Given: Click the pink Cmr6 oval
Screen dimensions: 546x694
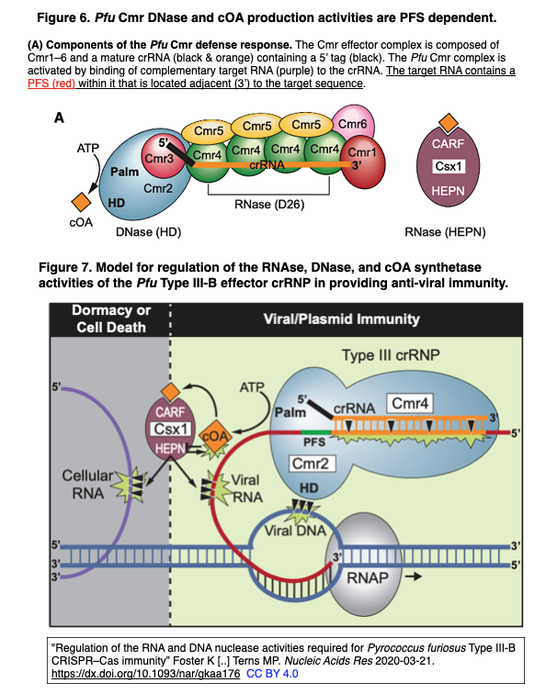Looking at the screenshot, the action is pyautogui.click(x=353, y=123).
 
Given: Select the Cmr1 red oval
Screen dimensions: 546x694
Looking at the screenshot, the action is pyautogui.click(x=363, y=162).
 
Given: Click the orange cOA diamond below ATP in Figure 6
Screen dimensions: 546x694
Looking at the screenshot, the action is pyautogui.click(x=81, y=202).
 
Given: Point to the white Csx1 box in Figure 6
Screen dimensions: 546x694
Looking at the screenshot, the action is pyautogui.click(x=449, y=166).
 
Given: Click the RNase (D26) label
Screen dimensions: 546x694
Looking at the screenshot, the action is pyautogui.click(x=269, y=205).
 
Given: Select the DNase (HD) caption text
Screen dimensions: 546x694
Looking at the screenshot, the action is pyautogui.click(x=149, y=232).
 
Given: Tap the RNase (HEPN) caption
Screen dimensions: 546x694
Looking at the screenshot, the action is pyautogui.click(x=445, y=232).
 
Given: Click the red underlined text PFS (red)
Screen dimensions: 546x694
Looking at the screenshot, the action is pyautogui.click(x=51, y=84).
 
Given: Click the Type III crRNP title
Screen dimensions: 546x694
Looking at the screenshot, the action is pyautogui.click(x=391, y=355).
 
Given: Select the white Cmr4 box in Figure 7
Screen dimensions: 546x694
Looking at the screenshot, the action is pyautogui.click(x=410, y=403).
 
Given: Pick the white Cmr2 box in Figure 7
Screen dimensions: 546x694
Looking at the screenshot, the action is pyautogui.click(x=312, y=464).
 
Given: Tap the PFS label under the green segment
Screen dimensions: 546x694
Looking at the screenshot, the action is pyautogui.click(x=314, y=442).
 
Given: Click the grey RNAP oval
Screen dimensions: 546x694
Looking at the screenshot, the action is pyautogui.click(x=364, y=565).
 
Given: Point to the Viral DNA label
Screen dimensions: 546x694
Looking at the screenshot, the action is pyautogui.click(x=295, y=531).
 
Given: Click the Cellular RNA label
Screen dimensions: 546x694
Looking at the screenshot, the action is pyautogui.click(x=87, y=484).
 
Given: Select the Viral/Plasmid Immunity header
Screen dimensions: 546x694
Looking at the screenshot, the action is pyautogui.click(x=341, y=319).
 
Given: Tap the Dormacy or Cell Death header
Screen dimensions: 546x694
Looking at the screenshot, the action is pyautogui.click(x=111, y=319).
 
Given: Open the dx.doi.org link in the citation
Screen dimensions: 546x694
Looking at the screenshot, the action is pyautogui.click(x=146, y=674).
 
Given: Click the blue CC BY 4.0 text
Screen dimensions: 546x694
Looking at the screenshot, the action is pyautogui.click(x=272, y=674).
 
